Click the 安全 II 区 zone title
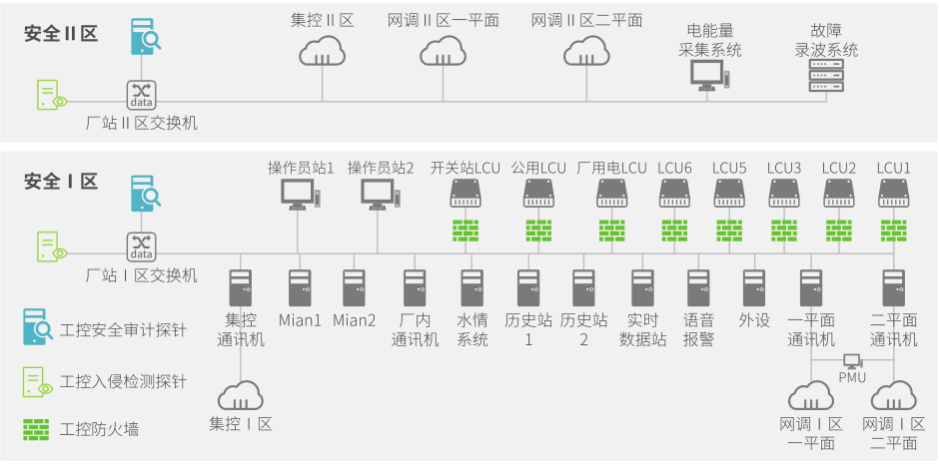(60, 33)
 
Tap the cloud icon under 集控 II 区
(323, 49)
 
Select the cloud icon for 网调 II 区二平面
(586, 50)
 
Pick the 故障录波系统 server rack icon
(825, 76)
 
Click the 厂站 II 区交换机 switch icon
(142, 95)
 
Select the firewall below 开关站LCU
(466, 230)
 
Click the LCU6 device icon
(674, 194)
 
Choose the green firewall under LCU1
(893, 230)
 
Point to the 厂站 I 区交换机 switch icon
(142, 246)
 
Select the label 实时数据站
(643, 329)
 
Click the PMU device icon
(851, 361)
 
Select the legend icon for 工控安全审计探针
(37, 325)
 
